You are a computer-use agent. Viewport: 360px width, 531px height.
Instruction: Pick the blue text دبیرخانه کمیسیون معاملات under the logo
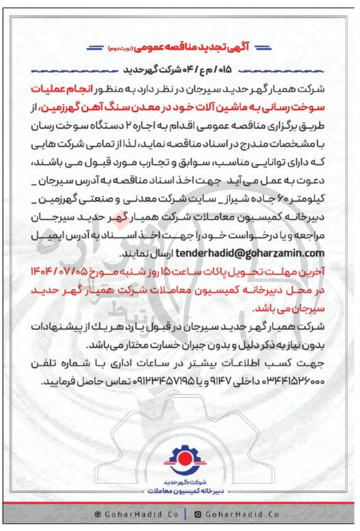pyautogui.click(x=179, y=491)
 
